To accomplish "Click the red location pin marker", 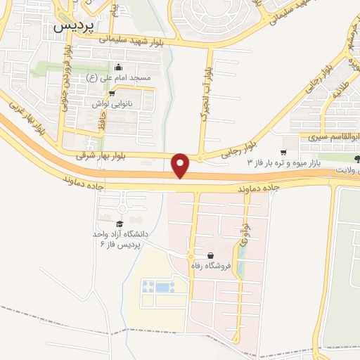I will [x=181, y=165].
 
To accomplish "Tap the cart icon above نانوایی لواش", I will [x=111, y=92].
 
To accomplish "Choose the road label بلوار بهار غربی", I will [x=26, y=120].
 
